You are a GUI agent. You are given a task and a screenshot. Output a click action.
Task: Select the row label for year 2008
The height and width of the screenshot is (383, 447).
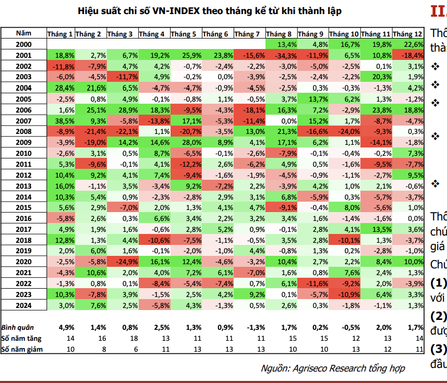[24, 132]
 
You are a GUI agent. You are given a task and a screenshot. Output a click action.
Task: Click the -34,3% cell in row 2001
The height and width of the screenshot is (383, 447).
[283, 56]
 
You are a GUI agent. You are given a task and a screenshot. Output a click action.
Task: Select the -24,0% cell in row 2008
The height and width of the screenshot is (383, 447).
[344, 132]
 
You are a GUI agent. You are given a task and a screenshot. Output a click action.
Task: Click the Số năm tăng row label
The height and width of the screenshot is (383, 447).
[20, 338]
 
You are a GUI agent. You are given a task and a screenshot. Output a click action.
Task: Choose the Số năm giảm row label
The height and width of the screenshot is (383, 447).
[21, 349]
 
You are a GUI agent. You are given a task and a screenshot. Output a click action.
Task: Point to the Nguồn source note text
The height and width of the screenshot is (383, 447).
[333, 368]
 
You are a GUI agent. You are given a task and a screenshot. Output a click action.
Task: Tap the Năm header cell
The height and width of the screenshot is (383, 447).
[24, 34]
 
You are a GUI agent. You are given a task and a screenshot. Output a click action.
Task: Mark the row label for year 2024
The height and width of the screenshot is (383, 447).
[24, 305]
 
